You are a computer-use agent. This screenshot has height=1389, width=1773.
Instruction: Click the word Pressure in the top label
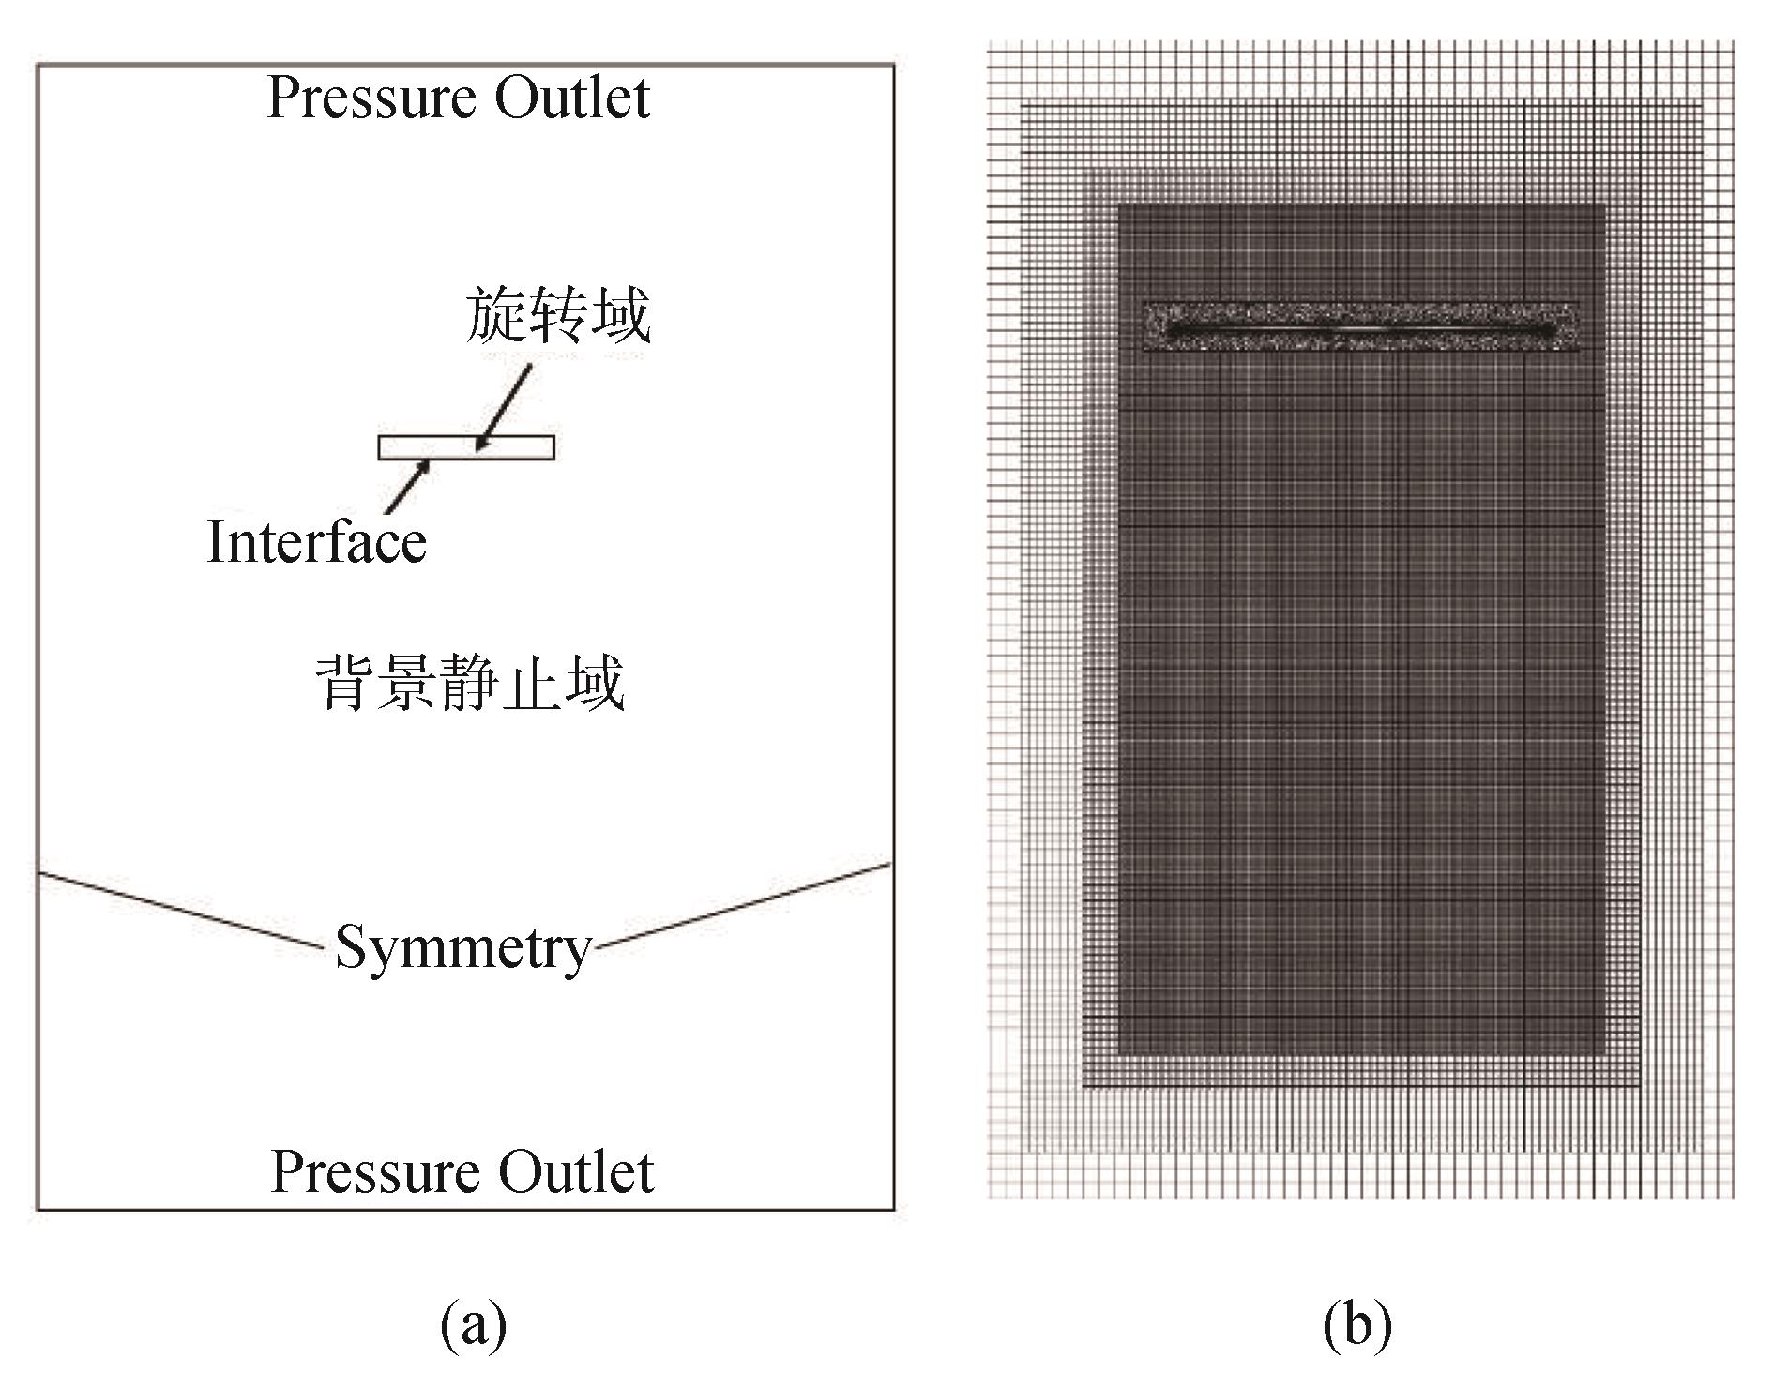[374, 98]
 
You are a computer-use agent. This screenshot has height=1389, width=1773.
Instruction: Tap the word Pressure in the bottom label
[377, 1172]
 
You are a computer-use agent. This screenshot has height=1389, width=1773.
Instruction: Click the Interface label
[316, 542]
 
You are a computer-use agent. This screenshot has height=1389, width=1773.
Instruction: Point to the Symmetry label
[462, 947]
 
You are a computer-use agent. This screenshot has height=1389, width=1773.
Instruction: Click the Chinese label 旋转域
[557, 316]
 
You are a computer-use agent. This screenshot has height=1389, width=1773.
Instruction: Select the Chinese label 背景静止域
[470, 683]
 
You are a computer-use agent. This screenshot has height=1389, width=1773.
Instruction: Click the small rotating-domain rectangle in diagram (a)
[525, 447]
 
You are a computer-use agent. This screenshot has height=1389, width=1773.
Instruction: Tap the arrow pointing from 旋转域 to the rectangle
[505, 407]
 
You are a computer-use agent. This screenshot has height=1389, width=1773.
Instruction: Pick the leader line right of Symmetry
[741, 905]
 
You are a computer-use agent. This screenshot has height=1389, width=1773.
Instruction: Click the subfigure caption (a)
[474, 1324]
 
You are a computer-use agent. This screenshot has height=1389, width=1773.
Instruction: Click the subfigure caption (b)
[1357, 1324]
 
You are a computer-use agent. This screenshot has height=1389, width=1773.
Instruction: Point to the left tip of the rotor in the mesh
[1169, 331]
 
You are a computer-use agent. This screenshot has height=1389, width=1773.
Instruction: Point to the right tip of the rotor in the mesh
[1553, 331]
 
